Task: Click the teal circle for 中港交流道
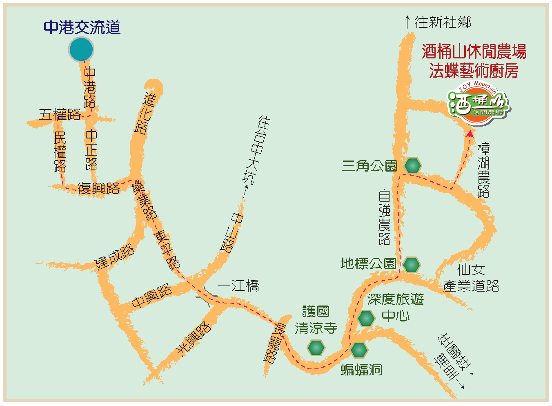tap(81, 49)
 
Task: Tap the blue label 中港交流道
tap(82, 27)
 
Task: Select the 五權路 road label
tap(60, 114)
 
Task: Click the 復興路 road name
tap(98, 188)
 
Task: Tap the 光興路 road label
tap(194, 337)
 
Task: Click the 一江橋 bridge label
tap(238, 285)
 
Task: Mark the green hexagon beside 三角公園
tap(413, 166)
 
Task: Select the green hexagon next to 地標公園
tap(411, 265)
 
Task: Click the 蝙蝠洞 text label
tap(361, 370)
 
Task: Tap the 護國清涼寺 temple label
tap(316, 320)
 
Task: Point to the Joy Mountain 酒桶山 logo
tap(478, 103)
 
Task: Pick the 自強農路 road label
tap(384, 217)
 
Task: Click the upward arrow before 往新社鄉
tap(407, 22)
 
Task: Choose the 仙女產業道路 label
tap(471, 278)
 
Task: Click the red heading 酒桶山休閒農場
tap(474, 52)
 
